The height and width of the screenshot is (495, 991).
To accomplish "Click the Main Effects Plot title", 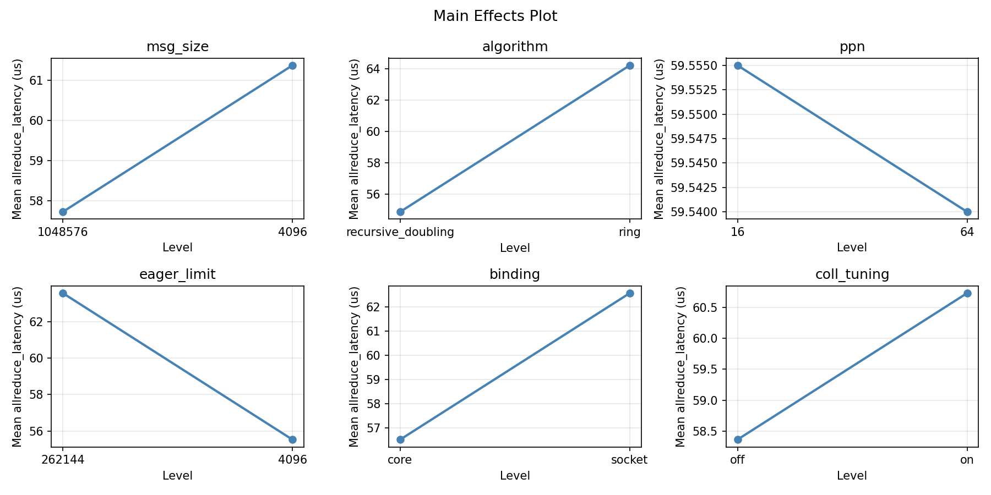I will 495,16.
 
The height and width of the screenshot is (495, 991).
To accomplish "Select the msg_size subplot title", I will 177,47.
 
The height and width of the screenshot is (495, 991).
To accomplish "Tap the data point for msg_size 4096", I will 292,65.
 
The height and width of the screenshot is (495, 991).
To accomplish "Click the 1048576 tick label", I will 63,232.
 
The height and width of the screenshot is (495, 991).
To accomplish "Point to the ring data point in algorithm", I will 630,65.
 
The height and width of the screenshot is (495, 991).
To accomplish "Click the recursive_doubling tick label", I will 400,232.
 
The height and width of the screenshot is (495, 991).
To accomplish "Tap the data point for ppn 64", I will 967,212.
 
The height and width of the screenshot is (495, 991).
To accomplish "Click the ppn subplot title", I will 852,47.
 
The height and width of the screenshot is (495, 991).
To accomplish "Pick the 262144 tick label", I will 63,460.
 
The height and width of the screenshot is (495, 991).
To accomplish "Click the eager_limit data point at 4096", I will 292,439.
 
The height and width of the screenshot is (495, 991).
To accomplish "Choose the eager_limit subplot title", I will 177,274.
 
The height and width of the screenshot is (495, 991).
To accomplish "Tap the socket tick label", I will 630,460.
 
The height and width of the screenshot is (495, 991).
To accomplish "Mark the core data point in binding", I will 400,439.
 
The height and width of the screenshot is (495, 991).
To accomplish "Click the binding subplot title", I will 514,274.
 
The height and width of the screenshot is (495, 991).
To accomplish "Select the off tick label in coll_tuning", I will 737,460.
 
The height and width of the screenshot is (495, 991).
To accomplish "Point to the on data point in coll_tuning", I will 967,293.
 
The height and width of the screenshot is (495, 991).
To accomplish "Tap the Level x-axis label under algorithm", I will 514,248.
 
